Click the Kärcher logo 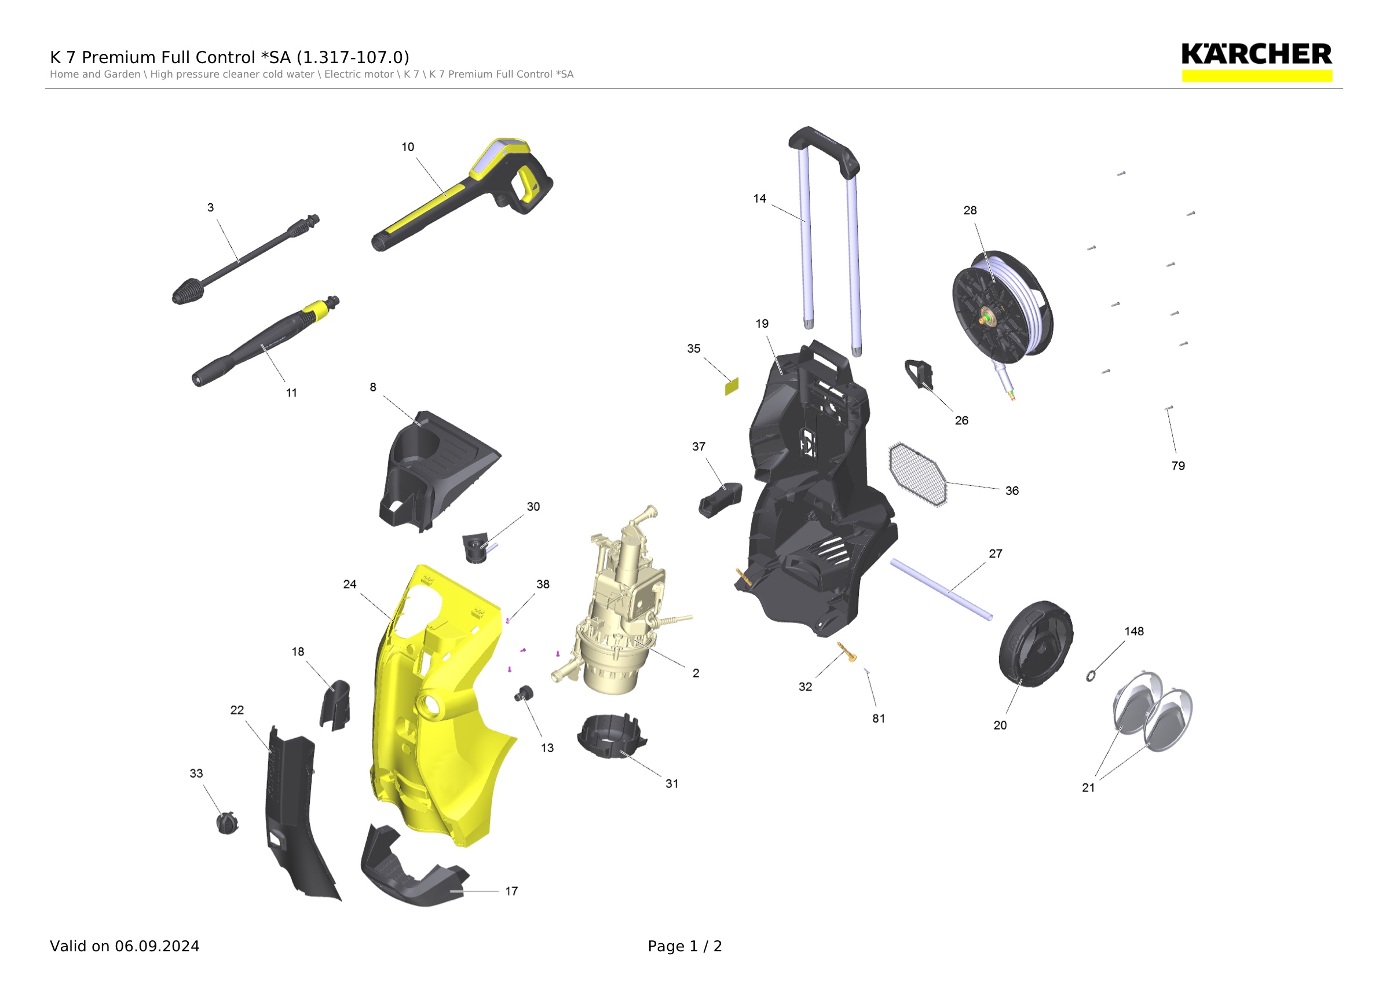pos(1257,62)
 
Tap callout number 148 pos(1134,631)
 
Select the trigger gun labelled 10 pos(462,194)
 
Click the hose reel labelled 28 pos(1003,309)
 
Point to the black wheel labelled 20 pos(1035,644)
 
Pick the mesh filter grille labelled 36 pos(917,475)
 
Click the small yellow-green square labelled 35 pos(732,386)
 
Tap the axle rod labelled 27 pos(941,590)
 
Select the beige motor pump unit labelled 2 pos(620,605)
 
